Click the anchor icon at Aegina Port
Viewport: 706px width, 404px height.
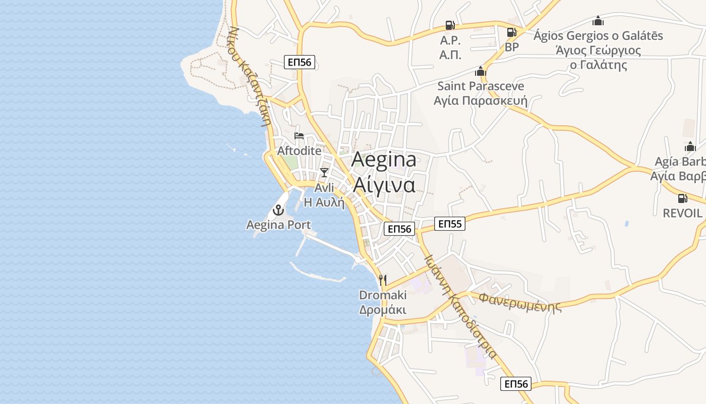point(278,210)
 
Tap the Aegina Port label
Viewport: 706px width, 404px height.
point(278,225)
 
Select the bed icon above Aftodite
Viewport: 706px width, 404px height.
point(299,136)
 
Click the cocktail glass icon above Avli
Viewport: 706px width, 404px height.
point(324,173)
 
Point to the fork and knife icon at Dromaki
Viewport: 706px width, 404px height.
point(383,280)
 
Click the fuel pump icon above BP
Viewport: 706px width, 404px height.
point(511,32)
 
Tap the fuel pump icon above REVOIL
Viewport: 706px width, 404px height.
point(682,198)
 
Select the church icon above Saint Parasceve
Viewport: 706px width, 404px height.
point(481,71)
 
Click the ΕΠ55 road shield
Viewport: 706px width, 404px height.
point(450,224)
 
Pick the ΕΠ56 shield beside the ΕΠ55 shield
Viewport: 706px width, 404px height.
point(399,229)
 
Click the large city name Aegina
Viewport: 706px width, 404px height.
point(384,159)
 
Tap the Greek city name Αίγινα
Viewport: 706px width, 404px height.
point(384,185)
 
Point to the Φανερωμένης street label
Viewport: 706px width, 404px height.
point(520,302)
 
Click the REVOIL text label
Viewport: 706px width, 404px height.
point(682,213)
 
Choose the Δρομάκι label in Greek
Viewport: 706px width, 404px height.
point(383,310)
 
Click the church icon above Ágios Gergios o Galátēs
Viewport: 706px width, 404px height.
point(598,21)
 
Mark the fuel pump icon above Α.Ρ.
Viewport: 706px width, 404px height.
point(450,25)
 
